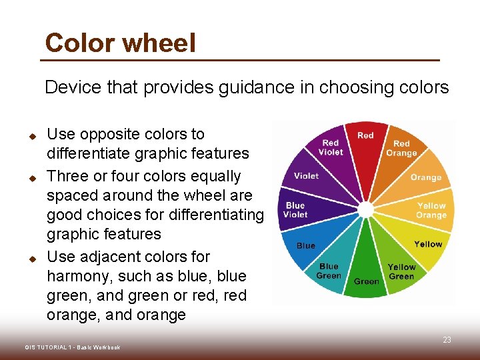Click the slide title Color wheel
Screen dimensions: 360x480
point(120,43)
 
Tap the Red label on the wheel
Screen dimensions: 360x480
point(365,135)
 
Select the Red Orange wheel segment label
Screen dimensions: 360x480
point(401,148)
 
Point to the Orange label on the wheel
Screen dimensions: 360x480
point(426,177)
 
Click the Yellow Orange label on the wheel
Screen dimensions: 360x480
point(431,210)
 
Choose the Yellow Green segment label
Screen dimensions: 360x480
point(401,271)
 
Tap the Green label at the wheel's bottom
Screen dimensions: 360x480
point(367,281)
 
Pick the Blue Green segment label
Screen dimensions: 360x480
point(329,271)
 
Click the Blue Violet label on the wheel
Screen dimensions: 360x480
point(295,210)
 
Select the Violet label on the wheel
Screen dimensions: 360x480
point(306,176)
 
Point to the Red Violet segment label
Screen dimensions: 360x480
point(331,147)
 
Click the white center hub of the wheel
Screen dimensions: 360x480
point(365,210)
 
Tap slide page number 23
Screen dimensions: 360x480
point(447,340)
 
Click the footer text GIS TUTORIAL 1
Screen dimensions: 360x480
point(72,347)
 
